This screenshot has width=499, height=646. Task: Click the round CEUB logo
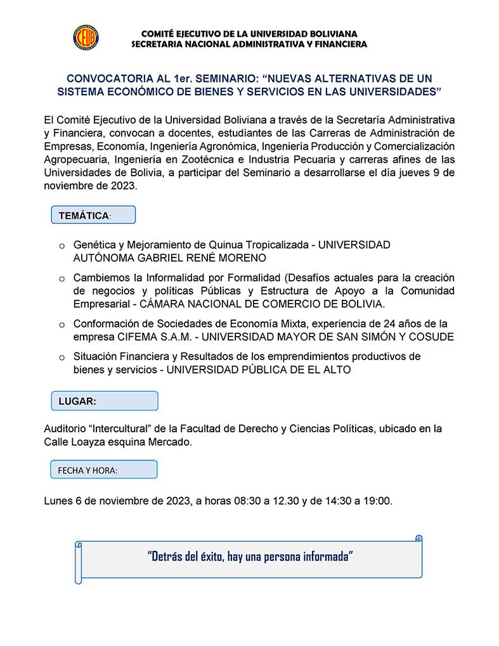(86, 37)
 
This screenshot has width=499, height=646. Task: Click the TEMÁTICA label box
(93, 216)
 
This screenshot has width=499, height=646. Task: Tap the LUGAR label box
(104, 401)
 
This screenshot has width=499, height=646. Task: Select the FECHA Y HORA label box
(104, 470)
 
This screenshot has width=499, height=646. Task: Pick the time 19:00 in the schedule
(378, 501)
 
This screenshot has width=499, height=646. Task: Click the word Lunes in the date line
(59, 501)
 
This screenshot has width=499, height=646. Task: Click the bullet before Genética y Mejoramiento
(62, 245)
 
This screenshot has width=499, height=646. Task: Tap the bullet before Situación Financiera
(62, 358)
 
